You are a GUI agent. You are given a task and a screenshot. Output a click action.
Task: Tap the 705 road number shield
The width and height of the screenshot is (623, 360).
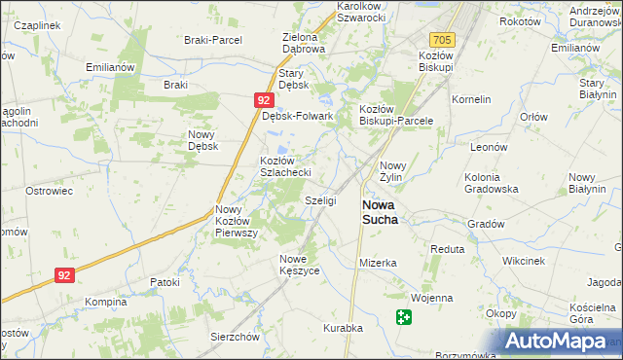[443, 40]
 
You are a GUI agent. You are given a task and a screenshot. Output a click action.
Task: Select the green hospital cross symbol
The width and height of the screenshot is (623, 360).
[404, 316]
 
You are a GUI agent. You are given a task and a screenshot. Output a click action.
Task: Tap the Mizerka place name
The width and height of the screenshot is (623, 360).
[378, 263]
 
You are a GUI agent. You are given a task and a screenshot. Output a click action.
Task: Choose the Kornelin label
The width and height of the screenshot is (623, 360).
[471, 99]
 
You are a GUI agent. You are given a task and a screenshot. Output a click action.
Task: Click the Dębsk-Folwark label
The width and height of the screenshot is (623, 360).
[299, 116]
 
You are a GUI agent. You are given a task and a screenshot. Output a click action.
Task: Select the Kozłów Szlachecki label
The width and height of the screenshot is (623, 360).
[284, 166]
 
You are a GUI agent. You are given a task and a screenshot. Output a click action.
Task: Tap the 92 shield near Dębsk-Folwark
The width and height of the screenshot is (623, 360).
[264, 100]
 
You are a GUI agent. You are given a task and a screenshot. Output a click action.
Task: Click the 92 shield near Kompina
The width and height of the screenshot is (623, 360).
[64, 275]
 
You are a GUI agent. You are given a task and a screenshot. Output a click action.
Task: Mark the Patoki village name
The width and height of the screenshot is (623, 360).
[165, 282]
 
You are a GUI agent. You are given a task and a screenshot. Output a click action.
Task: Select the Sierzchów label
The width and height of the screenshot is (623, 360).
[235, 337]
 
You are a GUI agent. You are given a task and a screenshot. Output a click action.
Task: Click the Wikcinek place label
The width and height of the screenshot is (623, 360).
[523, 262]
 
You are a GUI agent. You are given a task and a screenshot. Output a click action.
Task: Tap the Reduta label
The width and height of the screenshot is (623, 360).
[448, 249]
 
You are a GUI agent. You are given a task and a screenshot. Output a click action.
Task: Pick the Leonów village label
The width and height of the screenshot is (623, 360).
[490, 146]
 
